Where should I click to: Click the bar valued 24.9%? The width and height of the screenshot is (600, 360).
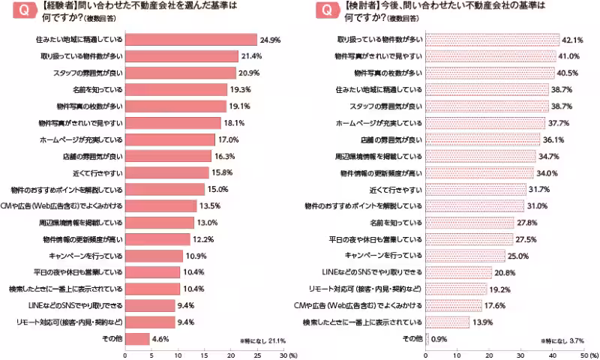point(190,39)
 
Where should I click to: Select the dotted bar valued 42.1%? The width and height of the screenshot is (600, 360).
point(492,39)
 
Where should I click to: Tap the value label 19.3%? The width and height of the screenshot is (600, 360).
point(219,89)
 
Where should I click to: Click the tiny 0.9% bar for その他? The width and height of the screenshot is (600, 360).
point(427,338)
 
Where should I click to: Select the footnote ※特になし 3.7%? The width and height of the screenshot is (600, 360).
point(562,340)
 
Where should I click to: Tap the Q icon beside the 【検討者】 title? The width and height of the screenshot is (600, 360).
point(325,12)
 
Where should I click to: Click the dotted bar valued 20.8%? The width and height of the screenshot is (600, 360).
point(458,271)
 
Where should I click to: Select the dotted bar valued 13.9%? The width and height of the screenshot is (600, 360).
point(447,322)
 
